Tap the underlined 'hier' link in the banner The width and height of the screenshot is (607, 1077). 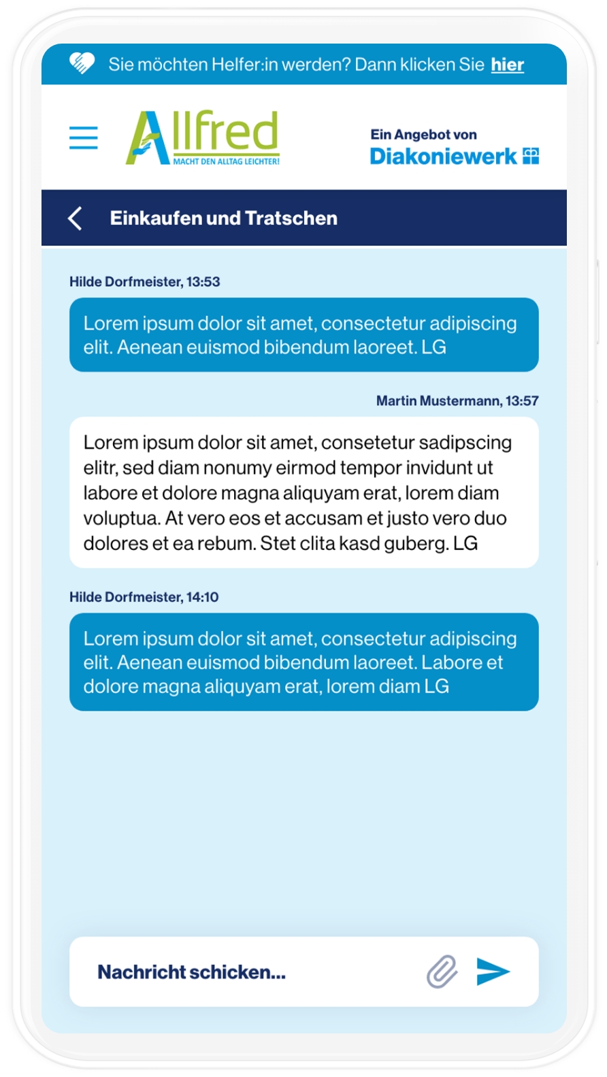click(x=507, y=65)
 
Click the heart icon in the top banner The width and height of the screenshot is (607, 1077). click(x=82, y=63)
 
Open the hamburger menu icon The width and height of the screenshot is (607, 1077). click(x=84, y=138)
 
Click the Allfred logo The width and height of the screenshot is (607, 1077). click(x=203, y=137)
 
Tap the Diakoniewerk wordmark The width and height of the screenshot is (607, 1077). click(x=443, y=157)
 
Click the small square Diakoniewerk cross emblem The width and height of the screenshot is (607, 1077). click(x=531, y=156)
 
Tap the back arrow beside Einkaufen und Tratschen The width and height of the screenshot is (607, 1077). click(x=76, y=219)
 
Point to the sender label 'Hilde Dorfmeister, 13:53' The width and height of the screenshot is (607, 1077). click(x=144, y=282)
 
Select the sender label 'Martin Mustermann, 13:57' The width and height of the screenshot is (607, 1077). click(x=457, y=401)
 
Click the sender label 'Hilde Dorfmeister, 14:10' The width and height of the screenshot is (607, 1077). click(x=144, y=597)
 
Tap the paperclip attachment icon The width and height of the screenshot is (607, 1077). click(x=442, y=971)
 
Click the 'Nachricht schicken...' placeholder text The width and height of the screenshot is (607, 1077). click(x=191, y=972)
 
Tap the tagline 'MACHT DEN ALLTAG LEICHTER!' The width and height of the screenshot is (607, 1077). click(x=226, y=162)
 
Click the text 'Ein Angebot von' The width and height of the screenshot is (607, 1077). click(x=423, y=135)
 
